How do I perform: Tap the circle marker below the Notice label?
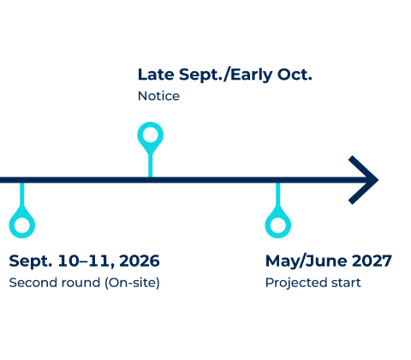click(151, 135)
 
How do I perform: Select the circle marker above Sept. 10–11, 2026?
click(21, 225)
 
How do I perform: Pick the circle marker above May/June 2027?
click(277, 225)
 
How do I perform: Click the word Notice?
click(158, 96)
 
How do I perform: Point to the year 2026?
click(140, 261)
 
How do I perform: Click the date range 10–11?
click(83, 261)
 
